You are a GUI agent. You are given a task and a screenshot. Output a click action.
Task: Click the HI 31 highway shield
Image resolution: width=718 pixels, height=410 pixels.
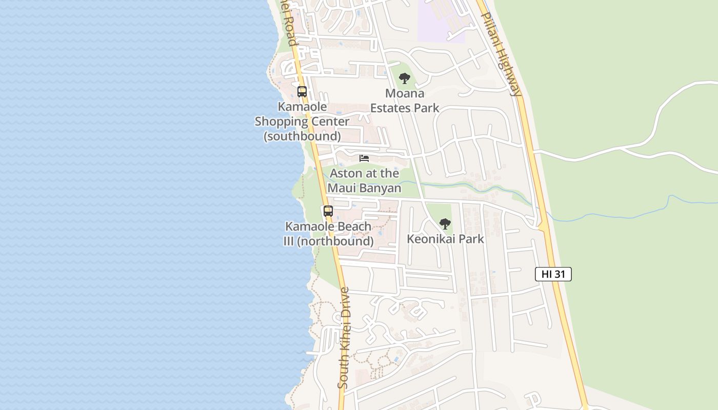coord(553,274)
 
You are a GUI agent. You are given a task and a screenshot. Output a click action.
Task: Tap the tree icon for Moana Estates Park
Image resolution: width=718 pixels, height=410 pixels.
coord(405,78)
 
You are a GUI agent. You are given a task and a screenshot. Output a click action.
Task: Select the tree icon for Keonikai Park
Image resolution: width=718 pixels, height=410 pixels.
coord(445,224)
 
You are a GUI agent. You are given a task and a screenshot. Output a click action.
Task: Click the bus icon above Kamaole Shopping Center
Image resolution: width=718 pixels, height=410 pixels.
coord(302,92)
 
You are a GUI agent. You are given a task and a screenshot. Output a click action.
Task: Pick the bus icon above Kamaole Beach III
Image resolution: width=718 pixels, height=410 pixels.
coord(328,211)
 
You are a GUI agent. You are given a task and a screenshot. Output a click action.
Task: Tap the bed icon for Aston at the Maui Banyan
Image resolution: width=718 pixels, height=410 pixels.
coord(364,158)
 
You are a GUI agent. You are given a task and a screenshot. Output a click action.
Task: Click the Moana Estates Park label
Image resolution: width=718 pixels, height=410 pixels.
coord(405,100)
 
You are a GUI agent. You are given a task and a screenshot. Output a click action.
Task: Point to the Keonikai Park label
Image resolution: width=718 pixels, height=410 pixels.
coord(445,239)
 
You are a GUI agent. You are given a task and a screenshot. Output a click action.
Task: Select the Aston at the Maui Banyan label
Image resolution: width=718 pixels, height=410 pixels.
coord(364,180)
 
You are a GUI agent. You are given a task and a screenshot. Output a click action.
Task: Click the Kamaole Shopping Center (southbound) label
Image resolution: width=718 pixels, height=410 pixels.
coord(302,121)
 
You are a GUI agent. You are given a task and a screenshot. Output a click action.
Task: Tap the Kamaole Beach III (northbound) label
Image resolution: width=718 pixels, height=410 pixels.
coord(328,234)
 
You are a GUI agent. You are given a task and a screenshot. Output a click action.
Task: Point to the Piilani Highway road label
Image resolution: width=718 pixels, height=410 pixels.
coord(501,54)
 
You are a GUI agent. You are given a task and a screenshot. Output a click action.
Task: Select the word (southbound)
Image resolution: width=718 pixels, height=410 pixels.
coord(302,136)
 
